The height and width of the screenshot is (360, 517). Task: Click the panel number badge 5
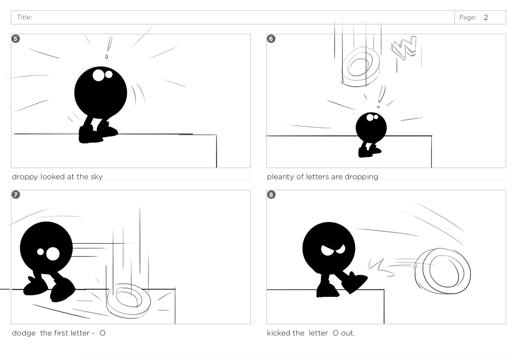click(x=16, y=39)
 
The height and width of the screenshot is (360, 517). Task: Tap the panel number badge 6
click(x=271, y=39)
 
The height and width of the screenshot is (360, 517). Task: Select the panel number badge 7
click(x=16, y=195)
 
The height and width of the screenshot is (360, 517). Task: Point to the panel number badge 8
click(x=271, y=195)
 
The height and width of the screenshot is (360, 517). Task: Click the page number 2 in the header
click(x=486, y=17)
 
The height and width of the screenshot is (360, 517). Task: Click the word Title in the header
click(x=24, y=17)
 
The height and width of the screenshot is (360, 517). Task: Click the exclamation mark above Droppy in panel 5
click(x=108, y=47)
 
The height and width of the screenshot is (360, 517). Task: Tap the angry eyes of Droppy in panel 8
click(x=333, y=250)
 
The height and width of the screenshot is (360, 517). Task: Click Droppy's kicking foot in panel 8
click(x=355, y=282)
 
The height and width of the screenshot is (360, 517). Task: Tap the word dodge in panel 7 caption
click(x=24, y=333)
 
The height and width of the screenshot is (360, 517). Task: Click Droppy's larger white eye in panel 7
click(x=53, y=254)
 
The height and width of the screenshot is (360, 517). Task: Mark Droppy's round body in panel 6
click(x=371, y=127)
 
